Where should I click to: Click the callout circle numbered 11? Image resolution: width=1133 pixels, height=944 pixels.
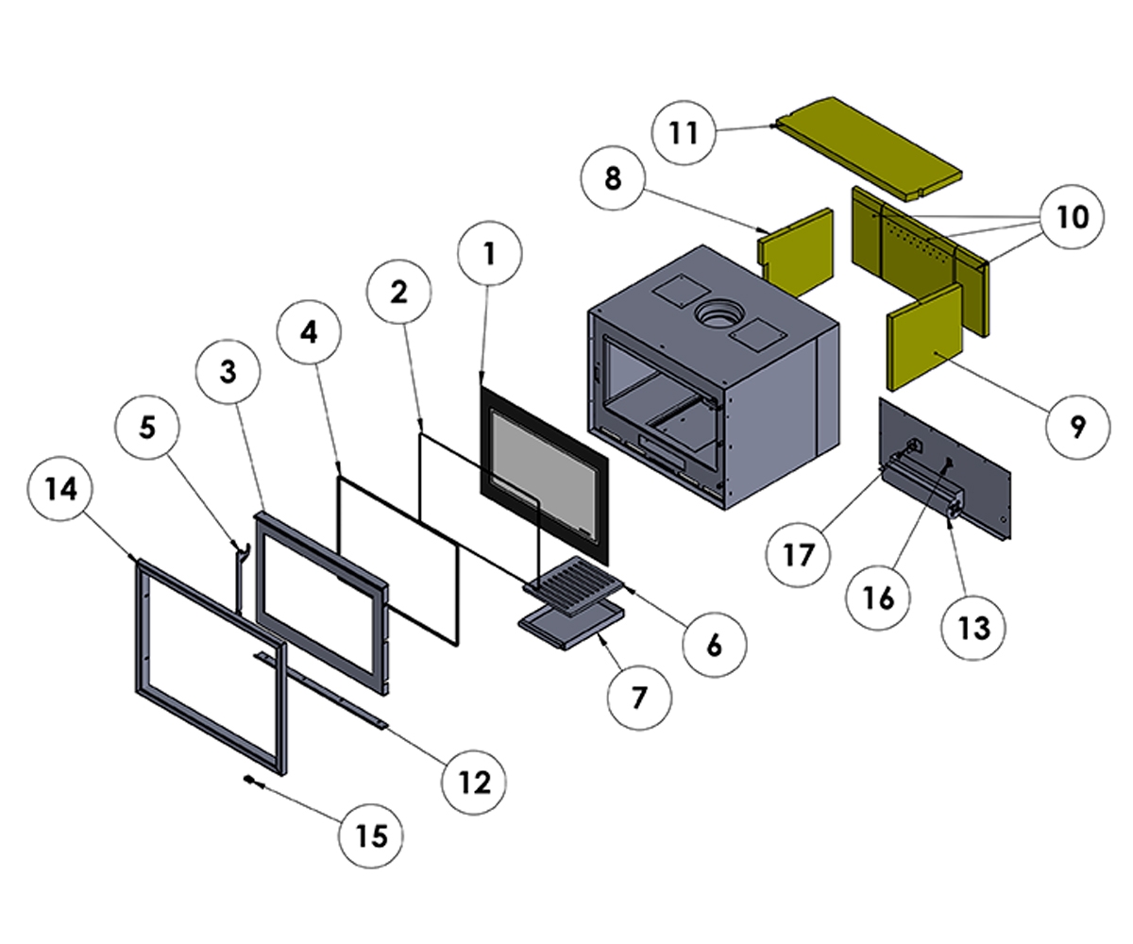click(x=685, y=133)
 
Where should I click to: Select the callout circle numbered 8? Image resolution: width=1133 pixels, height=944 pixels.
click(x=614, y=178)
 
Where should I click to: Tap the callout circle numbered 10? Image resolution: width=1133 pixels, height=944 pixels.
click(x=1072, y=218)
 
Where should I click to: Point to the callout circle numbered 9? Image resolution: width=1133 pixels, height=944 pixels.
click(x=1077, y=428)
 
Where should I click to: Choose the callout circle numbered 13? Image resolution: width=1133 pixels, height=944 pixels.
click(x=973, y=628)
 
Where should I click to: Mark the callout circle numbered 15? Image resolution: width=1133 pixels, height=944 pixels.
click(x=372, y=835)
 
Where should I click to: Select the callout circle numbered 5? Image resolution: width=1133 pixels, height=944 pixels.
click(x=146, y=428)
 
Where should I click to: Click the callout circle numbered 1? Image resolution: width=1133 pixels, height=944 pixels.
click(x=488, y=254)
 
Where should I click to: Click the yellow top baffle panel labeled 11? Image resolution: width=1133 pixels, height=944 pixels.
click(x=869, y=147)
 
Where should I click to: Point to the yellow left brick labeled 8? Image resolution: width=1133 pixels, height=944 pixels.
click(x=799, y=250)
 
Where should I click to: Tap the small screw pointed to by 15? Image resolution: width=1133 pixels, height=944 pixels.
click(x=250, y=781)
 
